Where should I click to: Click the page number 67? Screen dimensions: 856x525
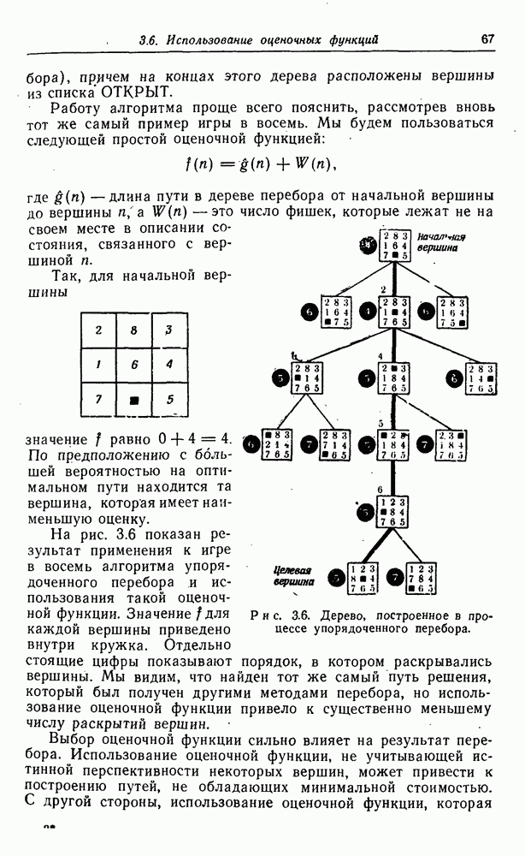point(487,39)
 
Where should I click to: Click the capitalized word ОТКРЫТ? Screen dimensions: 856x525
point(138,92)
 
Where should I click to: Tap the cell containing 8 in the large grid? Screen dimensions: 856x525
point(134,330)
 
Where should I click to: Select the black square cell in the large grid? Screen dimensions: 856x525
point(134,399)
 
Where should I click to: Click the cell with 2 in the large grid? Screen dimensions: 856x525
point(99,330)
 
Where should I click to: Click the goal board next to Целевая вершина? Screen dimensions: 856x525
point(363,579)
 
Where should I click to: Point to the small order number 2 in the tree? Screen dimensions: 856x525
point(384,289)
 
